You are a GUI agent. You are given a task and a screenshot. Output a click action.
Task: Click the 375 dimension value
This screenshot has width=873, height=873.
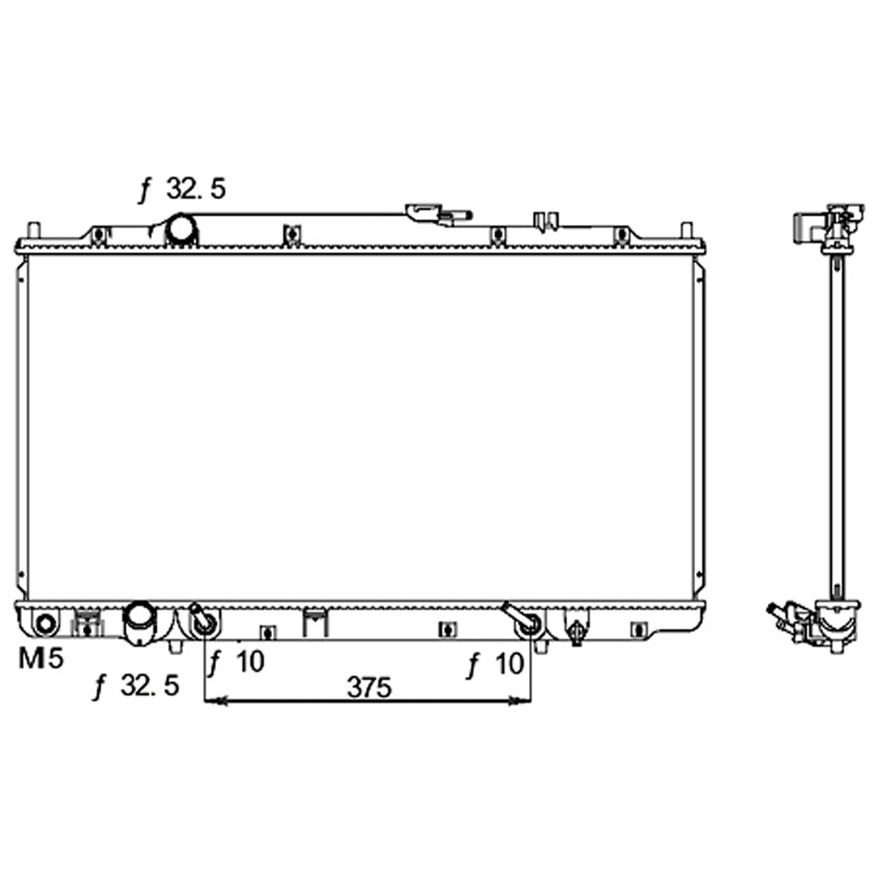[x=368, y=687]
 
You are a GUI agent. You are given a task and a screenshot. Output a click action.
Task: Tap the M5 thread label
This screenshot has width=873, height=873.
[x=41, y=659]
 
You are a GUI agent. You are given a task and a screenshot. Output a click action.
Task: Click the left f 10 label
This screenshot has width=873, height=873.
[x=236, y=663]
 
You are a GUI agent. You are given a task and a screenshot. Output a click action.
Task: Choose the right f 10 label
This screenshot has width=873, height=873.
[x=496, y=666]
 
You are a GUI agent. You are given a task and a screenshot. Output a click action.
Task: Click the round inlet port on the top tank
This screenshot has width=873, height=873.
[x=183, y=230]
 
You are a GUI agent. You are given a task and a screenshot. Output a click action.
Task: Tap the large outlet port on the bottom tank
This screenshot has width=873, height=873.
[x=139, y=622]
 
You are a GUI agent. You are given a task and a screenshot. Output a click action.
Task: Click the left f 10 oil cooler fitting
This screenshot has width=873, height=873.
[x=206, y=622]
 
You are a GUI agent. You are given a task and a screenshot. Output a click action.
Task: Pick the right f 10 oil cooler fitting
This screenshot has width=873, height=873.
[x=526, y=624]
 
